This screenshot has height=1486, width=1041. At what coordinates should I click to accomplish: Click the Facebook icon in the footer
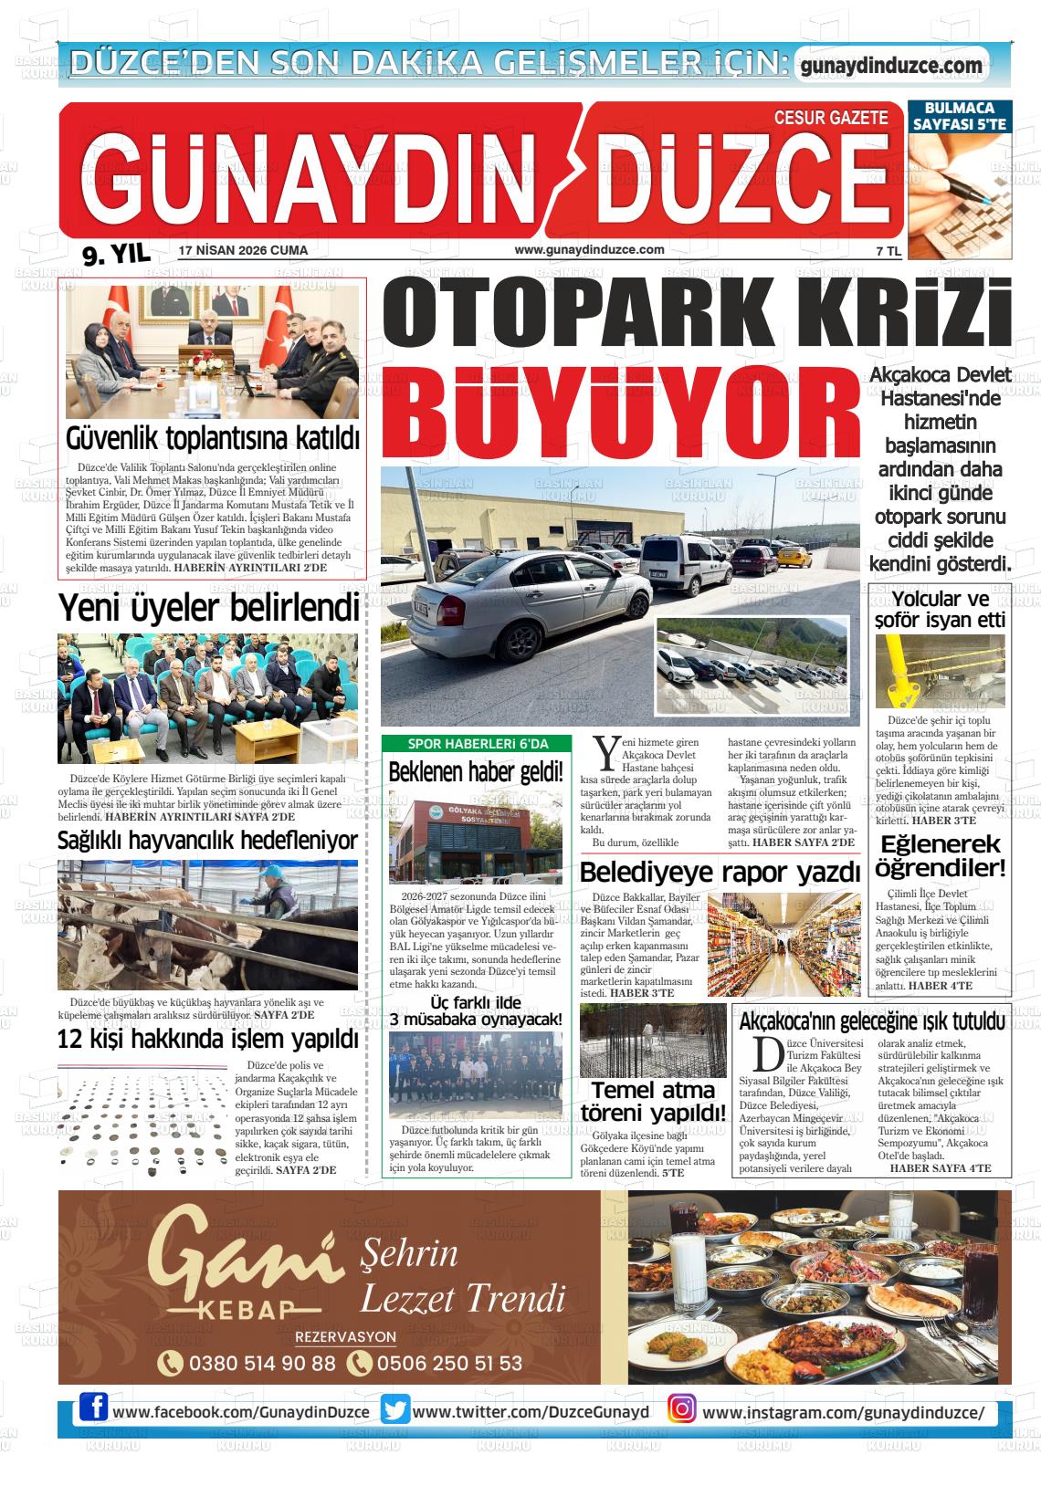[x=93, y=1410]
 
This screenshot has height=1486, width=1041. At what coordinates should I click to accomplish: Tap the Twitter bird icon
[x=395, y=1411]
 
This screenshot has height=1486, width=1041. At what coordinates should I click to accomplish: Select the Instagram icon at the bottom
[x=681, y=1410]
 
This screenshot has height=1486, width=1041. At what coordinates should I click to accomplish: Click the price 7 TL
[x=888, y=251]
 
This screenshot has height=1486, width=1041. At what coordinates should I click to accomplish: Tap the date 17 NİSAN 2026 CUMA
[x=243, y=250]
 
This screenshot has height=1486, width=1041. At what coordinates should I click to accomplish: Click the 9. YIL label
[x=116, y=255]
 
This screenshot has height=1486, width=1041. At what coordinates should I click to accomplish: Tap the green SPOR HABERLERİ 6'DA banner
[x=477, y=744]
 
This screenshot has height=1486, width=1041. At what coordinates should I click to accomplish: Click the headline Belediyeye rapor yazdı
[x=720, y=873]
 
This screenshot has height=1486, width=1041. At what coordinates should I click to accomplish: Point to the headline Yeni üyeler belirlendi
[x=208, y=607]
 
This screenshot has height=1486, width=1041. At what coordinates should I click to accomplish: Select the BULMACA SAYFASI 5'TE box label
[x=959, y=116]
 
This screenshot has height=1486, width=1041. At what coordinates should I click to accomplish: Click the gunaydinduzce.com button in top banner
[x=890, y=66]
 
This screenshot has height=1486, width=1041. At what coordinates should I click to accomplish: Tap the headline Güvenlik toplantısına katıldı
[x=213, y=439]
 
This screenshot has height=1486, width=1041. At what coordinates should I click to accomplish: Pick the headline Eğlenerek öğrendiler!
[x=940, y=856]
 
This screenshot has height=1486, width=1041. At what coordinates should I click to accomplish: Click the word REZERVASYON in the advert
[x=345, y=1337]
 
